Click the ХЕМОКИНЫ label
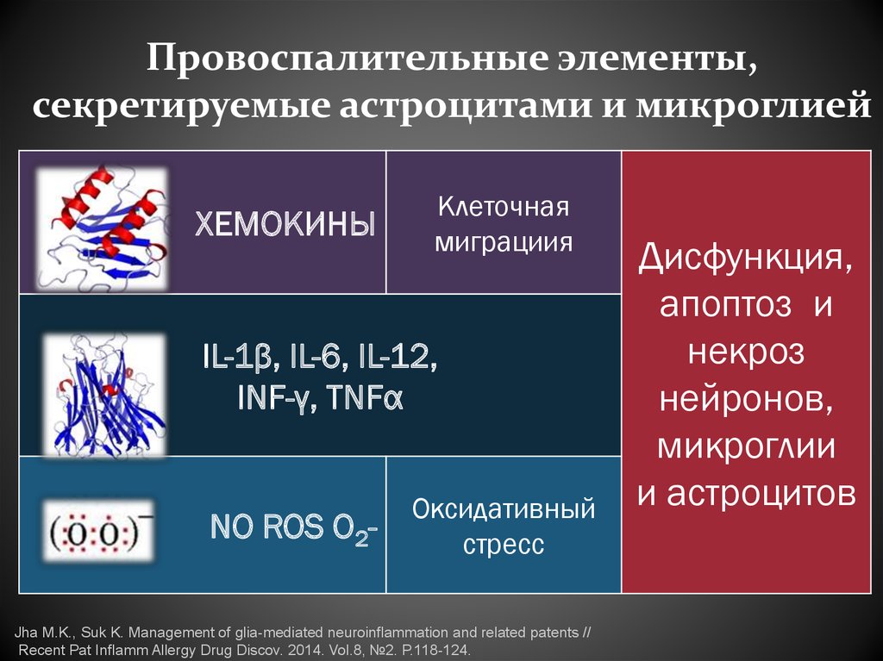tap(284, 224)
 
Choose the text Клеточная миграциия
tap(504, 224)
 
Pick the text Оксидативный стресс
tap(504, 526)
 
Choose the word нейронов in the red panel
tap(746, 399)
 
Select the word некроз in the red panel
tap(746, 352)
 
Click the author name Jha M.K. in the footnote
tap(44, 632)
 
